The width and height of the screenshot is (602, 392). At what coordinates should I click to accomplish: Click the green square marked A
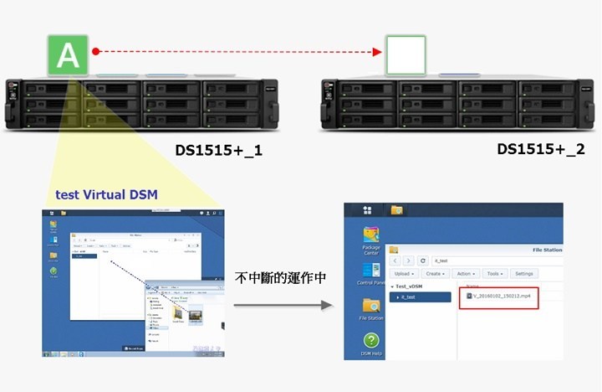click(70, 55)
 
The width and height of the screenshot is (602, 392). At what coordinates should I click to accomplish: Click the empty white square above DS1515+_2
click(405, 55)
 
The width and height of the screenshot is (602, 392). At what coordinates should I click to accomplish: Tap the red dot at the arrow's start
click(96, 52)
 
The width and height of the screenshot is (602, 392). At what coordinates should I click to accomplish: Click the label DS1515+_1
click(212, 152)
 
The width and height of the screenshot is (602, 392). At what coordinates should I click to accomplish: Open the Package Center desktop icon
click(370, 239)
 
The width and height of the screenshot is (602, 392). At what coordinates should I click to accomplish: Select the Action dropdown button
click(467, 274)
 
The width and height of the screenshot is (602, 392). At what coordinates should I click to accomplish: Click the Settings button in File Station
click(524, 274)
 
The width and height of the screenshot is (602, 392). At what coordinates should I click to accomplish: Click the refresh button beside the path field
click(423, 260)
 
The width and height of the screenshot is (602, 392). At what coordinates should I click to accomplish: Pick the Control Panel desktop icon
click(370, 275)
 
